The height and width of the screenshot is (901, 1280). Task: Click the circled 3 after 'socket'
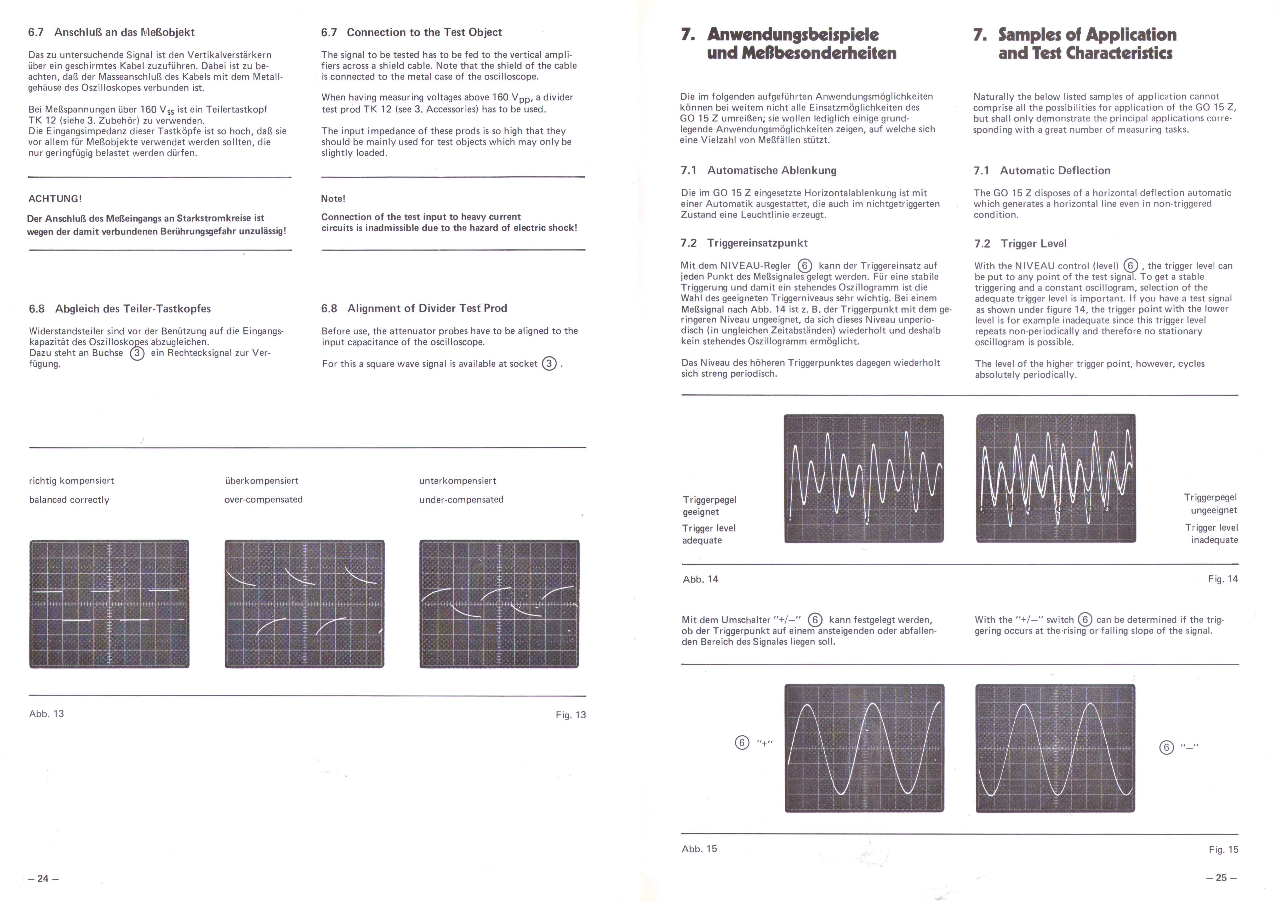(x=549, y=364)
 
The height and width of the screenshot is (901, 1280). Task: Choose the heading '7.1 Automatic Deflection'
(x=1042, y=171)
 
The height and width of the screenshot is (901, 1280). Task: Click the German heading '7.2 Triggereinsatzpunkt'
(x=744, y=243)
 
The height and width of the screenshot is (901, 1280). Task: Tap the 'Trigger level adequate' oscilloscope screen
(x=864, y=478)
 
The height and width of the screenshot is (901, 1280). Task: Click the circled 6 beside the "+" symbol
(x=742, y=743)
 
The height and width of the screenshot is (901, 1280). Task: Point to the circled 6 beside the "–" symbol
(x=1166, y=748)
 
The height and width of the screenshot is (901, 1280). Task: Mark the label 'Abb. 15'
(x=699, y=849)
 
